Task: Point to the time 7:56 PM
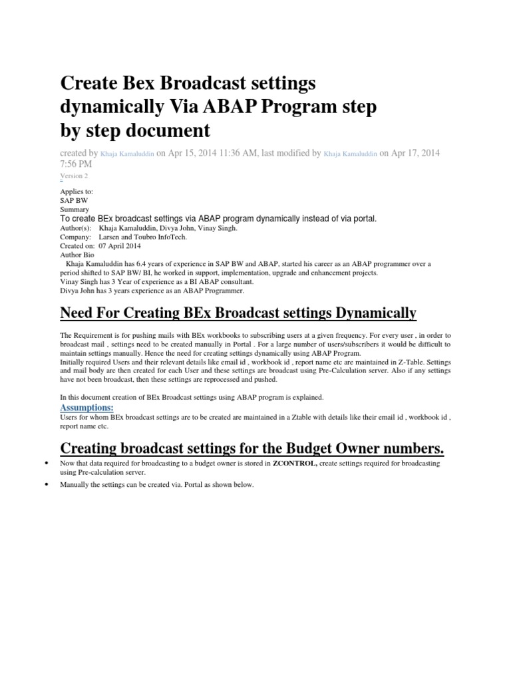76,164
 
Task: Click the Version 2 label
74,176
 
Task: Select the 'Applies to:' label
77,192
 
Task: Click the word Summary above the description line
75,209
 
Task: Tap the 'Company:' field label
76,237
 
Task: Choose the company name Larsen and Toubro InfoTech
143,237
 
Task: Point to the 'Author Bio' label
78,255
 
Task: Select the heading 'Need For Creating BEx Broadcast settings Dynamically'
238,313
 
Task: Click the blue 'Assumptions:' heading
86,407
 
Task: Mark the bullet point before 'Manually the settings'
45,485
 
